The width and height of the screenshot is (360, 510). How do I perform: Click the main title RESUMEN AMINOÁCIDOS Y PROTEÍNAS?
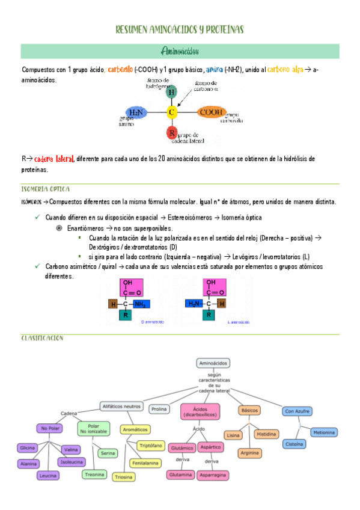180,29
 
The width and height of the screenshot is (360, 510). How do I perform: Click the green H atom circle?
172,92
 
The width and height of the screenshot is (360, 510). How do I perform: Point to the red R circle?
172,132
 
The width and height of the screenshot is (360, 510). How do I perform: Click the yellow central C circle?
172,112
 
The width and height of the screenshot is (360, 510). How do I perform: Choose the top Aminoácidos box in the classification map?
214,363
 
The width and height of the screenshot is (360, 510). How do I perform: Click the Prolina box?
159,409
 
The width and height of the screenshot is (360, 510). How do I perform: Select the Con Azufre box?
297,411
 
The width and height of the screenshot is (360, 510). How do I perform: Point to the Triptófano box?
150,446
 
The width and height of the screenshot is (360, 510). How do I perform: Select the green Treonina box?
94,475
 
